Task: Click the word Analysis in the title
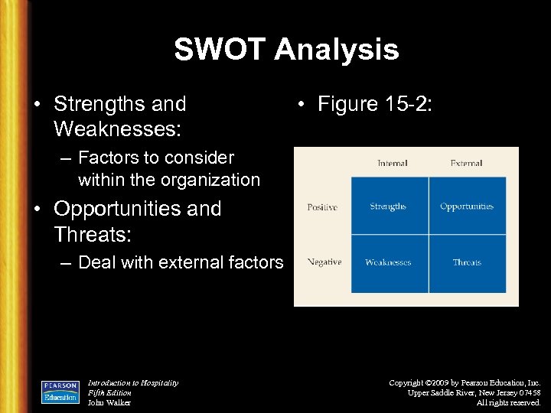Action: tap(336, 50)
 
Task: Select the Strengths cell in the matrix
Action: tap(388, 206)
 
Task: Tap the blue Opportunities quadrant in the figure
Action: tap(467, 206)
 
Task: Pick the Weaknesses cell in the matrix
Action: tap(388, 262)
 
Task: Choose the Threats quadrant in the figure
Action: tap(467, 262)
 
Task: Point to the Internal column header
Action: tap(392, 163)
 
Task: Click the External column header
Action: tap(466, 163)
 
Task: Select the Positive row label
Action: tap(322, 207)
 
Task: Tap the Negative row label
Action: tap(324, 262)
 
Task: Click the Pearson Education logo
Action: tap(60, 392)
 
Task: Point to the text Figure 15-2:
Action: tap(374, 104)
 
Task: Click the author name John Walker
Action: tap(109, 402)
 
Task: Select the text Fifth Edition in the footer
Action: tap(109, 392)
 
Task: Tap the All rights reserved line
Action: tap(508, 402)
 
